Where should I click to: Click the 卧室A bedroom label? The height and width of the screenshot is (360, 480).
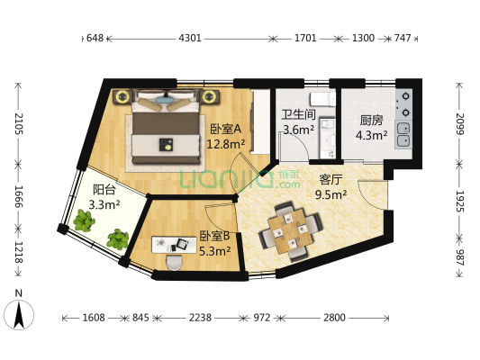(x=225, y=128)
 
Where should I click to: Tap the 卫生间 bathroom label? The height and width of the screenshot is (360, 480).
(x=298, y=114)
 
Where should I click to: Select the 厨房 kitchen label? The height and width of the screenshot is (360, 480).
(x=372, y=120)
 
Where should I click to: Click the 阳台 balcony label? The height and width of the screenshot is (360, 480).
(x=104, y=189)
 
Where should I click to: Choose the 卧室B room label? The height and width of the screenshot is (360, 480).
(x=214, y=237)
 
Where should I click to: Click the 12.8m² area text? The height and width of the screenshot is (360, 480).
(x=226, y=143)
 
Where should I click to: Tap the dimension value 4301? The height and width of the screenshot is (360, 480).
(x=190, y=39)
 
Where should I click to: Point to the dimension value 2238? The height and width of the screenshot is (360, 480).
(x=202, y=319)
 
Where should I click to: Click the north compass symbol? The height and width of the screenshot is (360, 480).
(x=19, y=312)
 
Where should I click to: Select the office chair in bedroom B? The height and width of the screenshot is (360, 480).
(x=174, y=260)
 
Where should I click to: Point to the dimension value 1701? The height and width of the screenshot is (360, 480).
(x=305, y=39)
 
